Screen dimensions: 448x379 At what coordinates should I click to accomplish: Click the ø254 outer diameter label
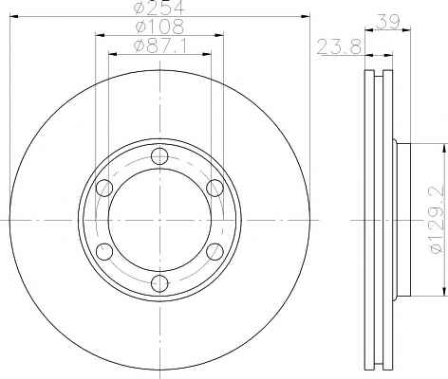click(x=159, y=8)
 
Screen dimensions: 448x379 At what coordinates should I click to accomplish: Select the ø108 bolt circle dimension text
click(x=159, y=27)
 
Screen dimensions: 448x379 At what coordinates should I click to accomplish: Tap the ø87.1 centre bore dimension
click(x=160, y=46)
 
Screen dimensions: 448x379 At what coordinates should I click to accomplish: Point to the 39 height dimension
click(x=388, y=22)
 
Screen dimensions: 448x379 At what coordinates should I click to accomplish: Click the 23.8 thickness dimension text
click(x=339, y=47)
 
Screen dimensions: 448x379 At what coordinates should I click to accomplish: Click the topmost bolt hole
click(x=159, y=156)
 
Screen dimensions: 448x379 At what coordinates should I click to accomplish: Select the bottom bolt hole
click(x=159, y=283)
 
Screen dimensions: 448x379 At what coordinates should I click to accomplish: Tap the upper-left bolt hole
click(x=104, y=188)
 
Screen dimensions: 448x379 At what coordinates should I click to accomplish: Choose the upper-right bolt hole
click(x=215, y=188)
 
